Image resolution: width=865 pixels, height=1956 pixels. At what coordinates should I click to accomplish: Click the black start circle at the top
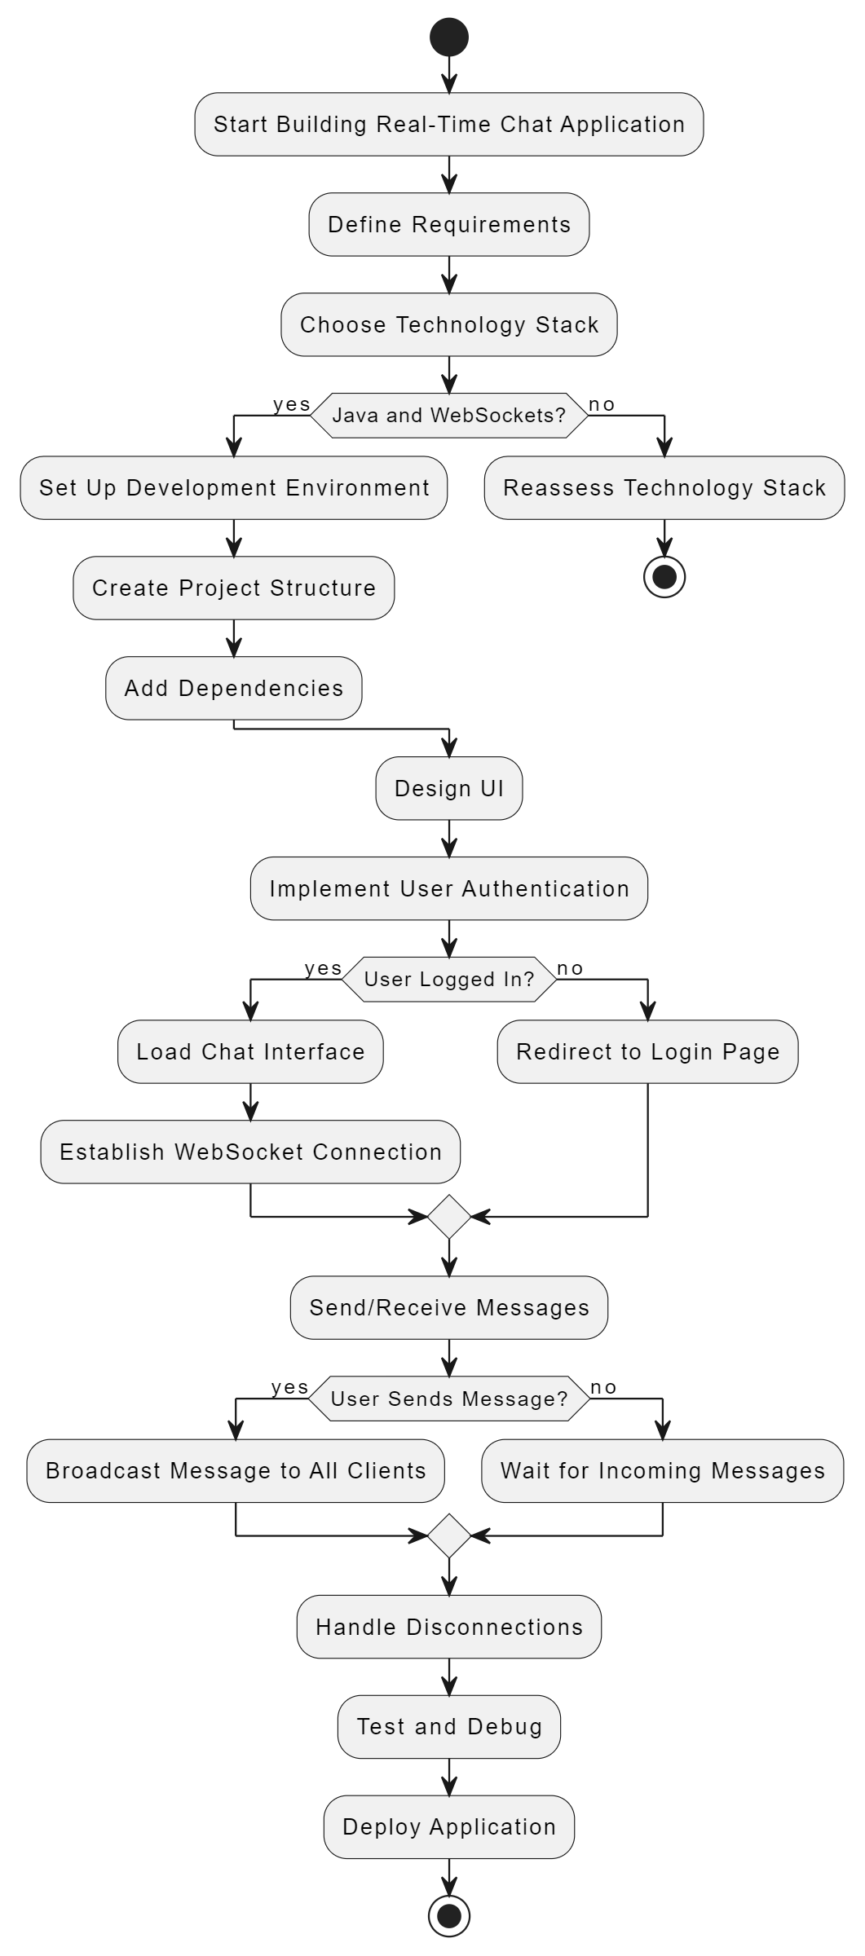click(449, 37)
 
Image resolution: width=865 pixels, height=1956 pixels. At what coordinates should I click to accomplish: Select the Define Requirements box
click(449, 224)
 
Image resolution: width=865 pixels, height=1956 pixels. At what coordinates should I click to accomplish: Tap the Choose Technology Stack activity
click(449, 324)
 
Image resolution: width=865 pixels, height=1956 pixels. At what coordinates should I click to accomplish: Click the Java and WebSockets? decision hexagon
click(449, 416)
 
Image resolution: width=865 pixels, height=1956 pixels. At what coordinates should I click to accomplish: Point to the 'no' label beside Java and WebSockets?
click(602, 404)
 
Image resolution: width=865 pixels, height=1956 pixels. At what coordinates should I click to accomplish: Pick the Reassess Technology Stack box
click(664, 487)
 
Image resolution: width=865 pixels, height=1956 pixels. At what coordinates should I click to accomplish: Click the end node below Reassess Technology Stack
click(664, 577)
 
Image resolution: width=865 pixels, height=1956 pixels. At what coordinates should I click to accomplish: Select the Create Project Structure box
click(234, 588)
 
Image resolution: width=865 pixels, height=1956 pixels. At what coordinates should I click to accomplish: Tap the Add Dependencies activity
click(234, 688)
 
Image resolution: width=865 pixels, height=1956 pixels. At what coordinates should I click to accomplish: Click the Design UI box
click(449, 788)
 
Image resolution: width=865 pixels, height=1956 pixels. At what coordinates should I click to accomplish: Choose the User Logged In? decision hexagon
click(449, 979)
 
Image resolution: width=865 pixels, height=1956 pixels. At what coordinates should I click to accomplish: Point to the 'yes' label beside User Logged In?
click(323, 968)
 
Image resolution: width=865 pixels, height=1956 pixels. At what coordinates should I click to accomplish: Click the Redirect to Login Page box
click(648, 1051)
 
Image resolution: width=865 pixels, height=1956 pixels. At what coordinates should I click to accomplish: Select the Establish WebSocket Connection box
click(250, 1152)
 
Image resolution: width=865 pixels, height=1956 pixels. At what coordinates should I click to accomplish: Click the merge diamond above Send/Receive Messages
click(449, 1217)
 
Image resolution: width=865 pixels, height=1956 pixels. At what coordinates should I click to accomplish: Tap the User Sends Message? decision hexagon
click(449, 1399)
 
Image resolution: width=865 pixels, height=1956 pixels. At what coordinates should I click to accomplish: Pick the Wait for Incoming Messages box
click(663, 1470)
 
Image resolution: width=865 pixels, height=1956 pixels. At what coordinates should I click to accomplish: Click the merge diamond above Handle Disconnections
click(449, 1535)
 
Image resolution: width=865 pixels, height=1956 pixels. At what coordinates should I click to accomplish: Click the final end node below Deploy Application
click(449, 1915)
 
